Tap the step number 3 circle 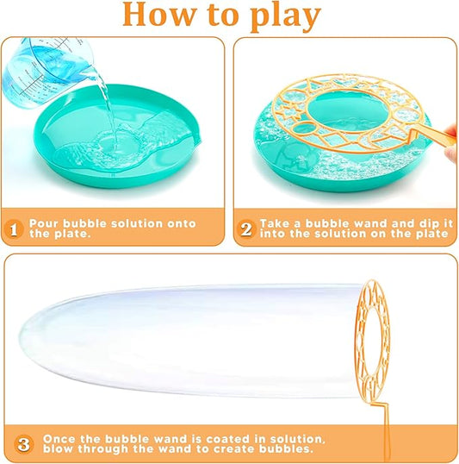pos(23,444)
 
